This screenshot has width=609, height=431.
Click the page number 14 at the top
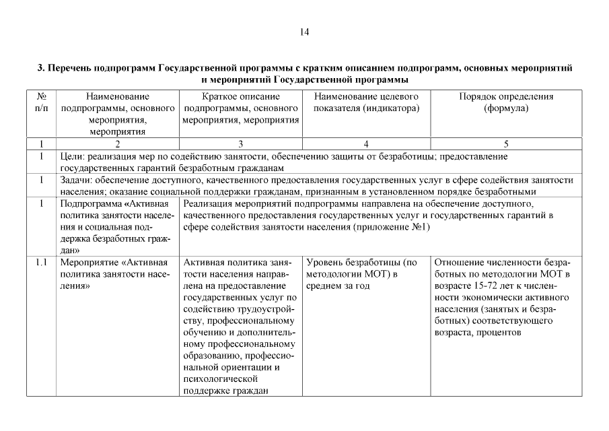tap(304, 32)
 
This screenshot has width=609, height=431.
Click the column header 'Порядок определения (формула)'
tap(506, 102)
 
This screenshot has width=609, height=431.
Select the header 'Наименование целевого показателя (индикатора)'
tap(366, 102)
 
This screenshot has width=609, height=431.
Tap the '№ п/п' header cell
tap(41, 102)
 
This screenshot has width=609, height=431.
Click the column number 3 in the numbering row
tap(240, 143)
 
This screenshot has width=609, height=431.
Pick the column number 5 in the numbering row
tap(506, 143)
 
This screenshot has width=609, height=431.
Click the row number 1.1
tap(41, 262)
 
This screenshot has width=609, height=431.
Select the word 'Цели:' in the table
tap(71, 156)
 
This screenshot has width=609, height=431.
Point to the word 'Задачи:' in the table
tap(76, 180)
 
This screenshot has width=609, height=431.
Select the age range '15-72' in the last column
tap(487, 286)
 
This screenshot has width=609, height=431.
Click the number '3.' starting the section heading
tap(41, 68)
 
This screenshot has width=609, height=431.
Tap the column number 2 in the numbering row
tap(117, 143)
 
